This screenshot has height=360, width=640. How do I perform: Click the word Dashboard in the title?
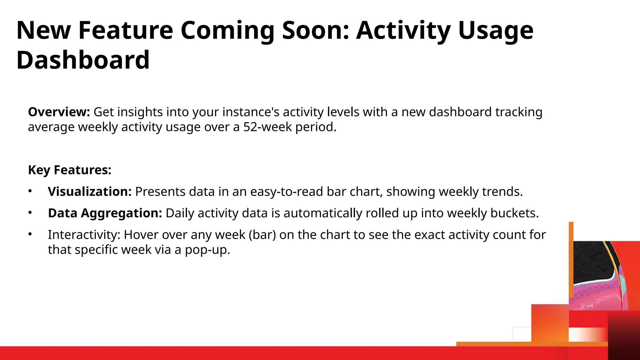point(83,60)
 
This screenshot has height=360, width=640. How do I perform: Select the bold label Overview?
point(59,112)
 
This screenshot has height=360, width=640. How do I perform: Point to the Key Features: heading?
point(70,170)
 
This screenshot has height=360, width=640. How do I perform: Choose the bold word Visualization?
point(90,192)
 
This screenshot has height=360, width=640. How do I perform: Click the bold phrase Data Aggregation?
point(105,213)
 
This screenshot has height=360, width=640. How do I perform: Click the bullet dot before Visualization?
point(30,191)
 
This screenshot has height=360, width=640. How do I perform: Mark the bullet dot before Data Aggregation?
point(30,212)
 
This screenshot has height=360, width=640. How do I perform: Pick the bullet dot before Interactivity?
point(30,234)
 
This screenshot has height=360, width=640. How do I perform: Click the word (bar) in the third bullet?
point(262,235)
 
